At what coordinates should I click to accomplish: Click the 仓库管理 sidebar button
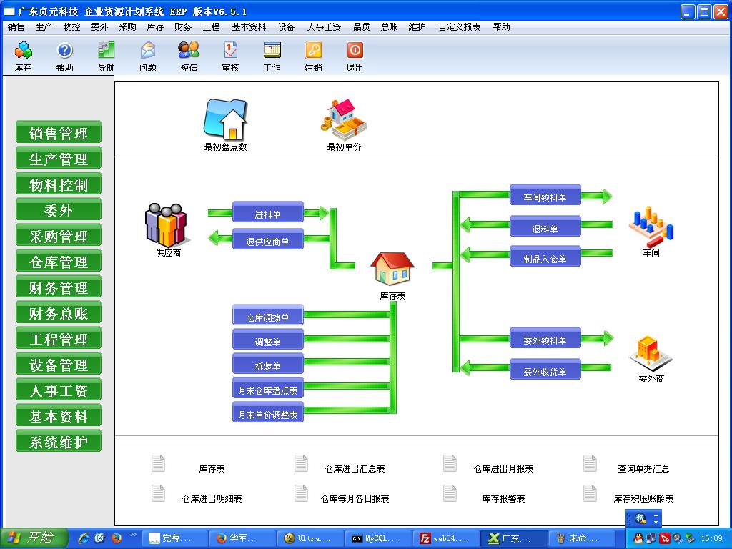(x=59, y=262)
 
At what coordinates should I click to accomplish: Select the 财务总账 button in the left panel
(x=59, y=313)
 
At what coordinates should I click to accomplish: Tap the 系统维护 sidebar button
(x=59, y=442)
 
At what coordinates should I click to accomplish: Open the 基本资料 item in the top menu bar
(x=249, y=27)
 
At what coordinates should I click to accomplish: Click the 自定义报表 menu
(x=460, y=27)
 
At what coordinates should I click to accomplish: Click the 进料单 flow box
(x=268, y=213)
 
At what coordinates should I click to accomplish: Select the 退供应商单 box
(x=268, y=239)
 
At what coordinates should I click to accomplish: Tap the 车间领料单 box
(x=545, y=196)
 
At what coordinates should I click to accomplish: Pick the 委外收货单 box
(x=545, y=370)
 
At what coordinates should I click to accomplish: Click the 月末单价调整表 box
(x=268, y=412)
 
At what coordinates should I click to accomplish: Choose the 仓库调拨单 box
(x=268, y=315)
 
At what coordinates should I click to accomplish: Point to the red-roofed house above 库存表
(x=392, y=269)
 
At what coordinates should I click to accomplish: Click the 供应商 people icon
(x=166, y=225)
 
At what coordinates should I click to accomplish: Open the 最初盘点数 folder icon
(x=225, y=119)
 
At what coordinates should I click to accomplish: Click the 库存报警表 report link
(x=503, y=498)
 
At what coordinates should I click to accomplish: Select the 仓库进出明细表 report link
(x=212, y=498)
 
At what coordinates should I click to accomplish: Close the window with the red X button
(x=721, y=11)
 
